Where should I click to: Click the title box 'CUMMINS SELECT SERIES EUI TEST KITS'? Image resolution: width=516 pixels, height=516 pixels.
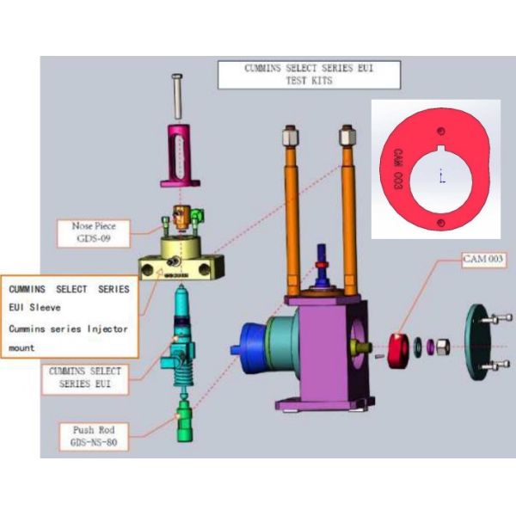tap(309, 75)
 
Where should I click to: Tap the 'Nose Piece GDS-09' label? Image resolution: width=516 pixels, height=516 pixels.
tap(94, 233)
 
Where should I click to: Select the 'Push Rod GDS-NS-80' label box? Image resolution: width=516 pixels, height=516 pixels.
tap(94, 436)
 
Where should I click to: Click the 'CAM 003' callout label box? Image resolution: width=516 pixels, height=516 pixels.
tap(483, 260)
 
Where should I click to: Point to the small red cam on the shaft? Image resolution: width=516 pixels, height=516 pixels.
tap(398, 351)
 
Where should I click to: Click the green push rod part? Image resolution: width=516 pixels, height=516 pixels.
tap(185, 421)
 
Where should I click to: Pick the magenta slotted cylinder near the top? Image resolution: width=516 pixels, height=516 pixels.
tap(180, 156)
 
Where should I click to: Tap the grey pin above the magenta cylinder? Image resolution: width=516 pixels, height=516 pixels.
tap(177, 96)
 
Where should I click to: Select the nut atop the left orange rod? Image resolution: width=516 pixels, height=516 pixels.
tap(291, 136)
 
